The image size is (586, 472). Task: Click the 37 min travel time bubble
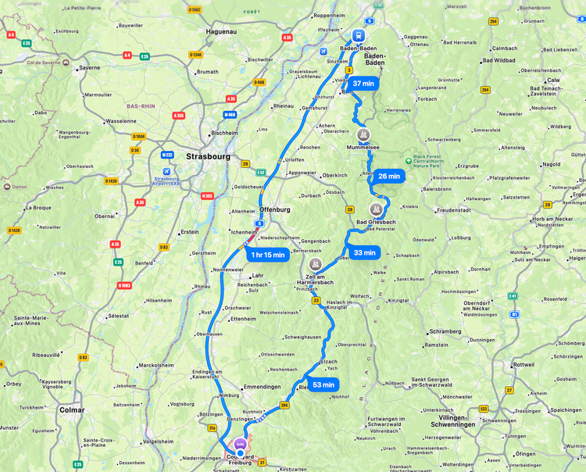tap(363, 84)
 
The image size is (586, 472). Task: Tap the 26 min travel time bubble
tap(388, 177)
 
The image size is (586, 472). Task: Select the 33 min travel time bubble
tap(364, 252)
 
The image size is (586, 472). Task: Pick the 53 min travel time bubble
tap(323, 384)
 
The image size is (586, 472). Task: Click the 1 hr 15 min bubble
tap(267, 255)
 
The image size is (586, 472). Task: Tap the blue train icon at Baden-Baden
tap(359, 36)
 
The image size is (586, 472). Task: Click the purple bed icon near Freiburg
tap(240, 443)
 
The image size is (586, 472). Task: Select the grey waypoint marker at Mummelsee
tap(363, 134)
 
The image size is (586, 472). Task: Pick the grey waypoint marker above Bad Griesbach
tap(376, 209)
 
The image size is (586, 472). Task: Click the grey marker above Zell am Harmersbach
tap(316, 264)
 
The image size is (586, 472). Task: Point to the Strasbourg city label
tap(209, 156)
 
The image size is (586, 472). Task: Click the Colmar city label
tap(72, 409)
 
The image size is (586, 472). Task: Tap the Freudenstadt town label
tap(454, 210)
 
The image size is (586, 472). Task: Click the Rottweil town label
tap(523, 365)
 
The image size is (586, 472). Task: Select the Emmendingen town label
tap(262, 387)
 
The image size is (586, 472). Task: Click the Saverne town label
tap(90, 68)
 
